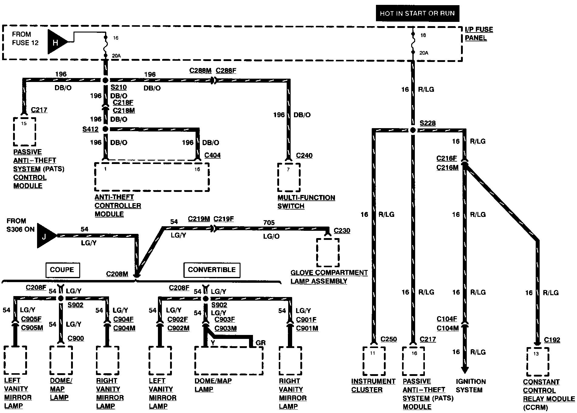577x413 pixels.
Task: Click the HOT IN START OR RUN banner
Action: (x=417, y=13)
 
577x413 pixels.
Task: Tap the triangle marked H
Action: (x=56, y=42)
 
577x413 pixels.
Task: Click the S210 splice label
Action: (x=118, y=87)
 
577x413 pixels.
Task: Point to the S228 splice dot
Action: (x=413, y=130)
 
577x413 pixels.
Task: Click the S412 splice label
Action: (x=90, y=129)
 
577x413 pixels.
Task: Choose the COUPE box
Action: (x=62, y=270)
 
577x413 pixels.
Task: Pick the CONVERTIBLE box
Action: (x=212, y=270)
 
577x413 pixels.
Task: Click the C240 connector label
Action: (x=304, y=155)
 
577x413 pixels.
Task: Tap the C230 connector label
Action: (x=342, y=231)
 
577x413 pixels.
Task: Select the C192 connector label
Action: (x=552, y=340)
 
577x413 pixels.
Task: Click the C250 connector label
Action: (x=388, y=339)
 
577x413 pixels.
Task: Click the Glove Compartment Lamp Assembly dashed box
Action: (x=328, y=253)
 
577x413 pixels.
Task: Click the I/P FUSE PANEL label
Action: (x=479, y=34)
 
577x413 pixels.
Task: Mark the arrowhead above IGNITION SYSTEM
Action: (x=464, y=369)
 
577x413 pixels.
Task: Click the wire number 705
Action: (x=269, y=223)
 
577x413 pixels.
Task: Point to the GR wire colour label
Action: (x=261, y=343)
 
